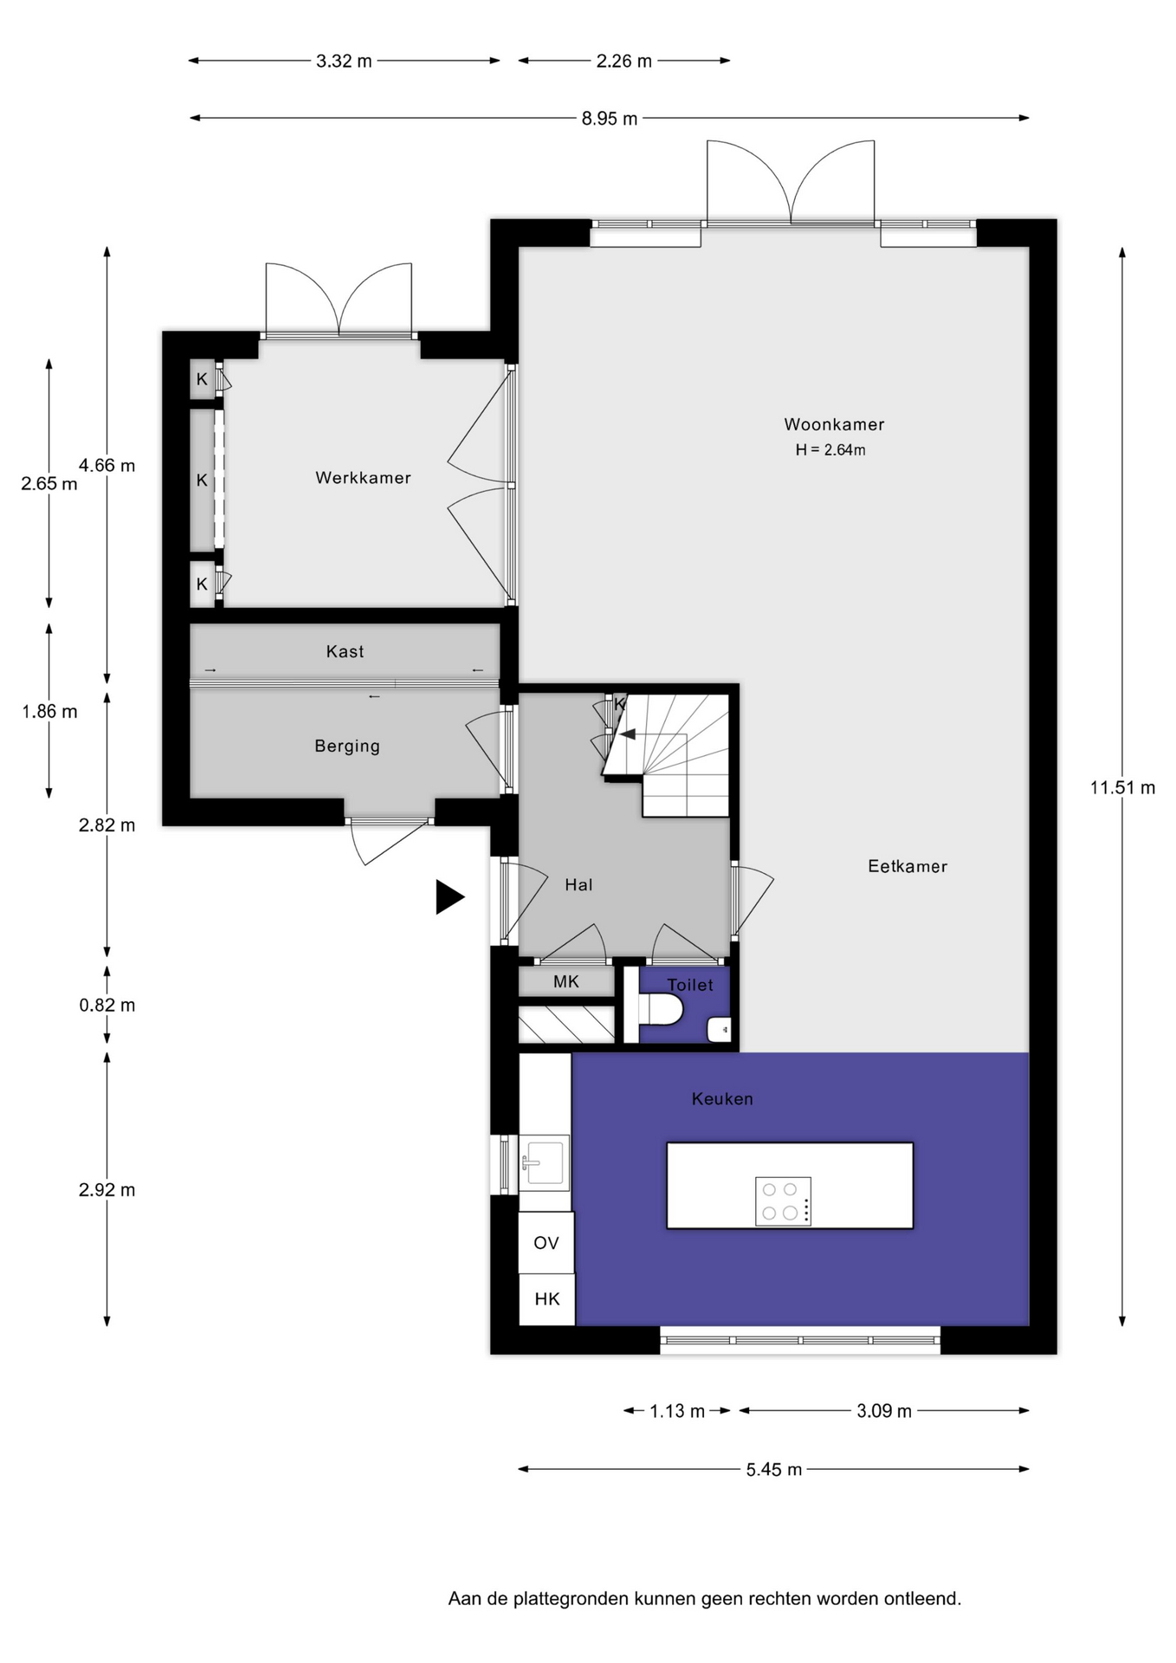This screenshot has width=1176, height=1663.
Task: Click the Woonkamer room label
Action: click(x=834, y=424)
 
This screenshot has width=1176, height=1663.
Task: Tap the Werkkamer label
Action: click(x=363, y=477)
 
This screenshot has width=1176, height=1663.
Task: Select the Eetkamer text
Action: click(x=908, y=866)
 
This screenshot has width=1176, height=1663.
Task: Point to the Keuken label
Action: click(x=722, y=1098)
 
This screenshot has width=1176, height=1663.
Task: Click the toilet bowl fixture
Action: click(x=661, y=1009)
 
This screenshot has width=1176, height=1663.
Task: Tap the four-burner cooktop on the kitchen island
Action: click(x=783, y=1200)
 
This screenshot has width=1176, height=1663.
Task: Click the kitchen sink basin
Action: click(x=545, y=1162)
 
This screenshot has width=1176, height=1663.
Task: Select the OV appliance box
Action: click(x=546, y=1243)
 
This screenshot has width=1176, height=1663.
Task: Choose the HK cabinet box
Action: click(x=546, y=1299)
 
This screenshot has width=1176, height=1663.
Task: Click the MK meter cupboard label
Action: click(x=566, y=981)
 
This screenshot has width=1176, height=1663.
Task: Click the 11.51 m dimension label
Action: click(x=1122, y=787)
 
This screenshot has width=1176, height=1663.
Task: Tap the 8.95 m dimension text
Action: click(x=610, y=119)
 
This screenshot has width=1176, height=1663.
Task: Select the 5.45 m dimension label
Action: click(x=774, y=1469)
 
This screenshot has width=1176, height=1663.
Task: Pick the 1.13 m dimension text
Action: click(x=677, y=1411)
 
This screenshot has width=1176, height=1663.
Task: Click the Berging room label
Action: click(x=347, y=746)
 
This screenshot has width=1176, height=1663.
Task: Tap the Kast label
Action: click(x=345, y=651)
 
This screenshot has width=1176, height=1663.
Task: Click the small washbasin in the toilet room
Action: click(x=720, y=1030)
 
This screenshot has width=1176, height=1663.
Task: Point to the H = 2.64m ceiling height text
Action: click(x=830, y=450)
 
